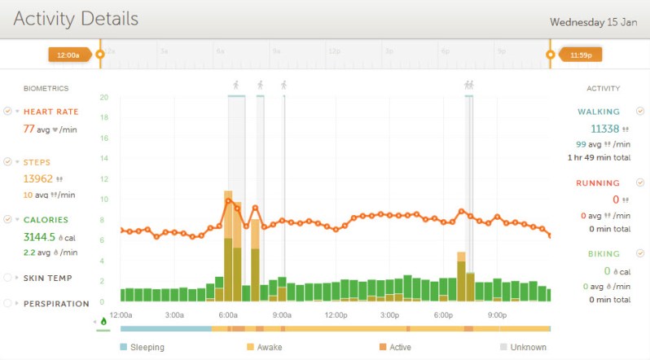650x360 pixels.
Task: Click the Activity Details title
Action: (x=76, y=19)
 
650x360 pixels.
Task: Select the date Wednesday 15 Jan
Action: (x=593, y=22)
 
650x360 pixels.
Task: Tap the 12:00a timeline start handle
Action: (x=69, y=55)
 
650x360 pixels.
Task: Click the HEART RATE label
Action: (x=51, y=112)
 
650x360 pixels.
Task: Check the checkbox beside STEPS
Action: (x=7, y=161)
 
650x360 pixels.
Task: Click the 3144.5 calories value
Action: (x=40, y=237)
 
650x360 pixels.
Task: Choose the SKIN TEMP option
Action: (x=48, y=279)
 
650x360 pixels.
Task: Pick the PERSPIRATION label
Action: (x=56, y=304)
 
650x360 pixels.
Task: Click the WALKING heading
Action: (x=599, y=112)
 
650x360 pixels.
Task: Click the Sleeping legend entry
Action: (x=147, y=347)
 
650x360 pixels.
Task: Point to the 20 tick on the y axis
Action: (x=104, y=97)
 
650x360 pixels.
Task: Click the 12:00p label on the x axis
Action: (x=336, y=314)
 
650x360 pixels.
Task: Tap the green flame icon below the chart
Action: (x=103, y=321)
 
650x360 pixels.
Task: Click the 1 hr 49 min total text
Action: (x=598, y=157)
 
